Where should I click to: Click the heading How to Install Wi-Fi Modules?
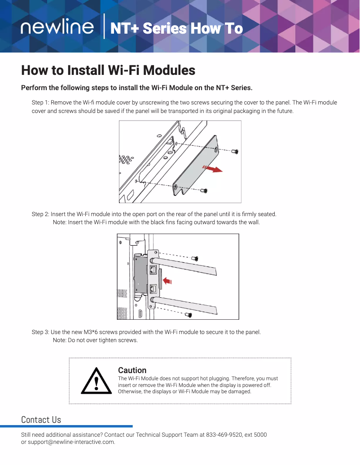click(x=108, y=70)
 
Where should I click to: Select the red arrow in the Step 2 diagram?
click(x=167, y=281)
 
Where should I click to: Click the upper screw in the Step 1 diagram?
click(x=234, y=152)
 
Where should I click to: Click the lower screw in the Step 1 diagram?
click(x=204, y=191)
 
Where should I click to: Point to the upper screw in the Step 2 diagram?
click(x=195, y=258)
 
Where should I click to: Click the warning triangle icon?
click(x=96, y=381)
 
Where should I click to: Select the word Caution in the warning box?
click(x=132, y=370)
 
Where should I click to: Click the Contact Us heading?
click(x=41, y=420)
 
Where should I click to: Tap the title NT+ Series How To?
click(x=176, y=29)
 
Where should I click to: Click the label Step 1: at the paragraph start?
click(x=40, y=103)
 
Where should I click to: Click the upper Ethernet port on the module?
click(x=153, y=270)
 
